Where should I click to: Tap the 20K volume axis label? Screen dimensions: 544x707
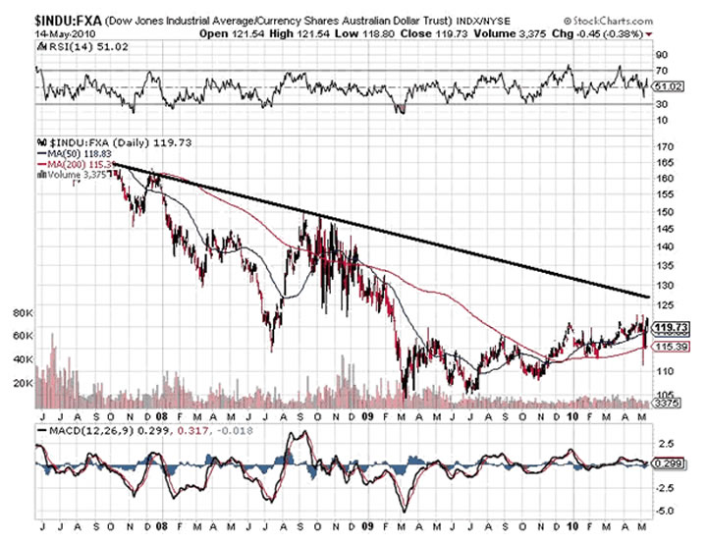22,382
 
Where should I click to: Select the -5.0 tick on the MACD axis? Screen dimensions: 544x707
666,511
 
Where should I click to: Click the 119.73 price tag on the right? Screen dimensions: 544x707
670,327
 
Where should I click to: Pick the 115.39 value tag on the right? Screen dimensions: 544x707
670,347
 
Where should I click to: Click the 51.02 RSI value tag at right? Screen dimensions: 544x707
667,86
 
